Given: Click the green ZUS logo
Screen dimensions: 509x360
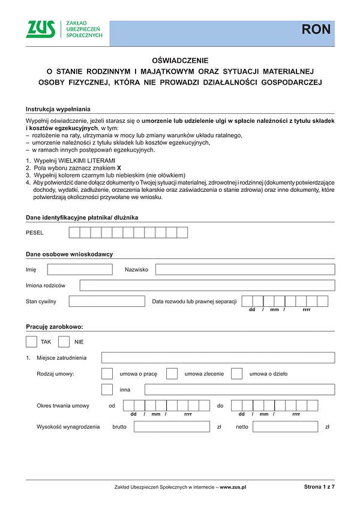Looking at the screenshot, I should [41, 29].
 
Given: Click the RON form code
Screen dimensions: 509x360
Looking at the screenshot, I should [316, 29].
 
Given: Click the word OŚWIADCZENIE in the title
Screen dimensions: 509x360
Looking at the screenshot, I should [180, 61].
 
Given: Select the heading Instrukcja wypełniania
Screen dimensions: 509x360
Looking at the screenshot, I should [58, 109].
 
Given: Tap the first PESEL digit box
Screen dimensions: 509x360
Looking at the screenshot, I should [74, 233].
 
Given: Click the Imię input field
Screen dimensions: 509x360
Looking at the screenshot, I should [79, 269].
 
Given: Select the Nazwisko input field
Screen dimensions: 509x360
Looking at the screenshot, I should [245, 269].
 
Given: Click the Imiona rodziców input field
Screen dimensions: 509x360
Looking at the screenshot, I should [207, 285].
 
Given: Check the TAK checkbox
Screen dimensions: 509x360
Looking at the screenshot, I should [32, 342].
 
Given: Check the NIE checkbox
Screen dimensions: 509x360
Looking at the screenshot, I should [64, 342].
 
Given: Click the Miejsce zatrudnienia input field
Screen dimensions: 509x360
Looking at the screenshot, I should [218, 358].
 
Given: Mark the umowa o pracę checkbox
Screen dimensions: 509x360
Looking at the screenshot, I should [107, 374].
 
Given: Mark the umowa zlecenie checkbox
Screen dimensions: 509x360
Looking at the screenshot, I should [172, 374].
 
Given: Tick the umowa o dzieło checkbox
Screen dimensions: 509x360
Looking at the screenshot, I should [236, 374].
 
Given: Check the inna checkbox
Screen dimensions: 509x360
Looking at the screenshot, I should [107, 390].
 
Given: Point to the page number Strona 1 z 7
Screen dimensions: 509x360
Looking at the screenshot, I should [319, 487].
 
